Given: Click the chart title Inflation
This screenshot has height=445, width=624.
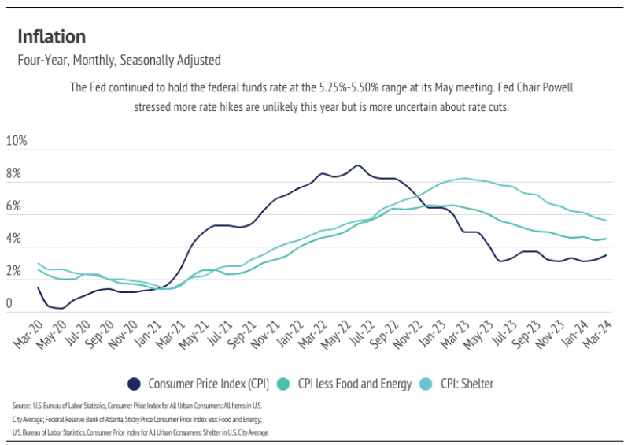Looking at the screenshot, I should point(51,36).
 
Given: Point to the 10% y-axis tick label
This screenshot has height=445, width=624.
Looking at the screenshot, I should point(17,141).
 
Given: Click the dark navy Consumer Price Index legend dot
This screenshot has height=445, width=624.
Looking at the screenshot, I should point(135,384).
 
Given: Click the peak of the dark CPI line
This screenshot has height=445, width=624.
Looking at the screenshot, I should point(357,165).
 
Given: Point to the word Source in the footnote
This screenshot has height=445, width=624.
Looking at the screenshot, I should point(21,405).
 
